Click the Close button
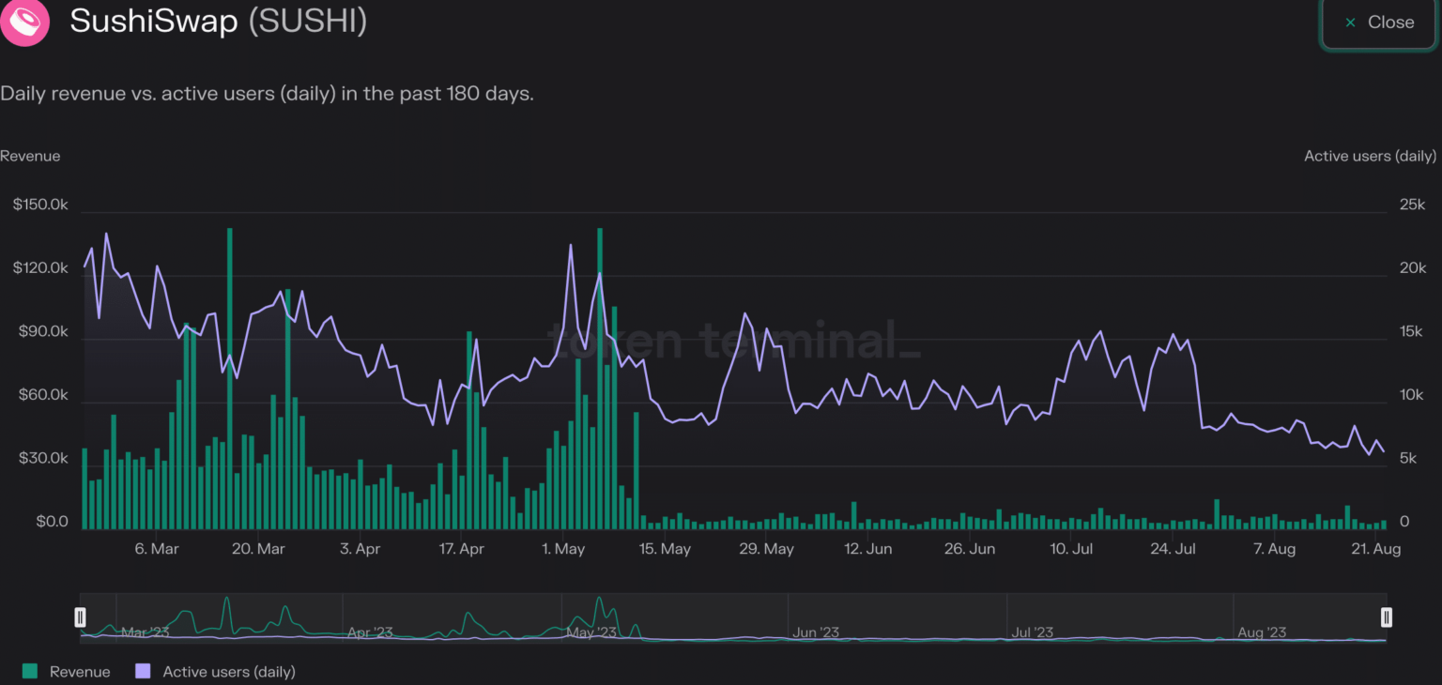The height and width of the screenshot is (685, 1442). [x=1379, y=23]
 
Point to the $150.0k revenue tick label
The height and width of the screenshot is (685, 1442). [x=40, y=205]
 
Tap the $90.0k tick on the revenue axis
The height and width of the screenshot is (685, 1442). [x=40, y=332]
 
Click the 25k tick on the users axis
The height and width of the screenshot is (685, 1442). [x=1412, y=205]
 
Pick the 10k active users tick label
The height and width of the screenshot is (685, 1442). [x=1412, y=395]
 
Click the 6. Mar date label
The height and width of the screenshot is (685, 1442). [x=157, y=549]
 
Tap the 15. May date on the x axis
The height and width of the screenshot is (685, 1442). [x=664, y=549]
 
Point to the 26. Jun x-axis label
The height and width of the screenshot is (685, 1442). [x=969, y=549]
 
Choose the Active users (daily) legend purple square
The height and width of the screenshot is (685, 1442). [x=144, y=671]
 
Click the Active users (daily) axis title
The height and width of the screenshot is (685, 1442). [x=1370, y=156]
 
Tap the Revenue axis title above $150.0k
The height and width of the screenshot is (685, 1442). [x=30, y=156]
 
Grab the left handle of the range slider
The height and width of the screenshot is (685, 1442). [x=81, y=616]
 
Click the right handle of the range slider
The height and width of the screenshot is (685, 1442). [x=1386, y=616]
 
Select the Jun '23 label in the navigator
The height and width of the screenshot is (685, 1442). [x=816, y=632]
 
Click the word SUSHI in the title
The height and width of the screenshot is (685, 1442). [x=307, y=22]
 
